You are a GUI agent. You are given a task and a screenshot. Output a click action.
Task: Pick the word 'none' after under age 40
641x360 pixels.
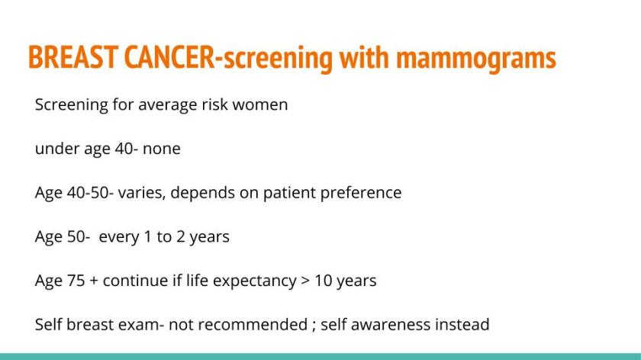pos(161,149)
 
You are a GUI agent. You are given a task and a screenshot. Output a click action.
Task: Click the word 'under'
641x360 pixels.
pos(55,149)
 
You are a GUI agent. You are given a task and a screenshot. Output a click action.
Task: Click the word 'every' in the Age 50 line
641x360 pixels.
pos(119,237)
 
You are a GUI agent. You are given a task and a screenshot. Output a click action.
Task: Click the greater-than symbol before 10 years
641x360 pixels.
pos(302,281)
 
